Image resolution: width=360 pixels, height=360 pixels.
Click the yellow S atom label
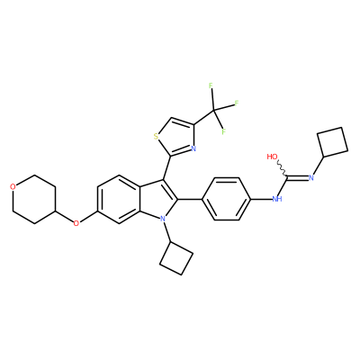[156, 137]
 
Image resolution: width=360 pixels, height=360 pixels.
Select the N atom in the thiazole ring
[193, 148]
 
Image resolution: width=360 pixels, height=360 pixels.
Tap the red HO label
[272, 157]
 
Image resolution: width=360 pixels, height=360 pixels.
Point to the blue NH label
[277, 199]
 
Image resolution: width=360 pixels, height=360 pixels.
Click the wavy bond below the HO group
[283, 168]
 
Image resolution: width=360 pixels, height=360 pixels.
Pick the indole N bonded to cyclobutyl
[163, 219]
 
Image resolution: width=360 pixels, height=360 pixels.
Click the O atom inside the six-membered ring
[13, 187]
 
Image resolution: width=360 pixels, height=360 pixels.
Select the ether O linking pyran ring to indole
[76, 223]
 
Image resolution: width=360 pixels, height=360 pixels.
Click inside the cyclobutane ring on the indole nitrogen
[176, 258]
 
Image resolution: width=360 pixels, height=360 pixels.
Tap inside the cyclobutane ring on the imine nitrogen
[333, 142]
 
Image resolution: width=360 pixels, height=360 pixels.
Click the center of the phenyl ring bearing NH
[227, 199]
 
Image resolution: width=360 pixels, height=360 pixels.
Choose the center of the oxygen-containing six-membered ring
[34, 199]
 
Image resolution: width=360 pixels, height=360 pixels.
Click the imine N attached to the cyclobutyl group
[310, 177]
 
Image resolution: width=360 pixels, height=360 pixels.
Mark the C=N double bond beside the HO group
[298, 177]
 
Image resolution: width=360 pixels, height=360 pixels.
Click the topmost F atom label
[211, 85]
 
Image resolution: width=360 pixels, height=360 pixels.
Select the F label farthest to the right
[237, 103]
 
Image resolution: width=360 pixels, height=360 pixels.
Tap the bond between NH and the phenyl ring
[261, 199]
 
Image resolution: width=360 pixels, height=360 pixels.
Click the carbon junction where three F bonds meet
[213, 111]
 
